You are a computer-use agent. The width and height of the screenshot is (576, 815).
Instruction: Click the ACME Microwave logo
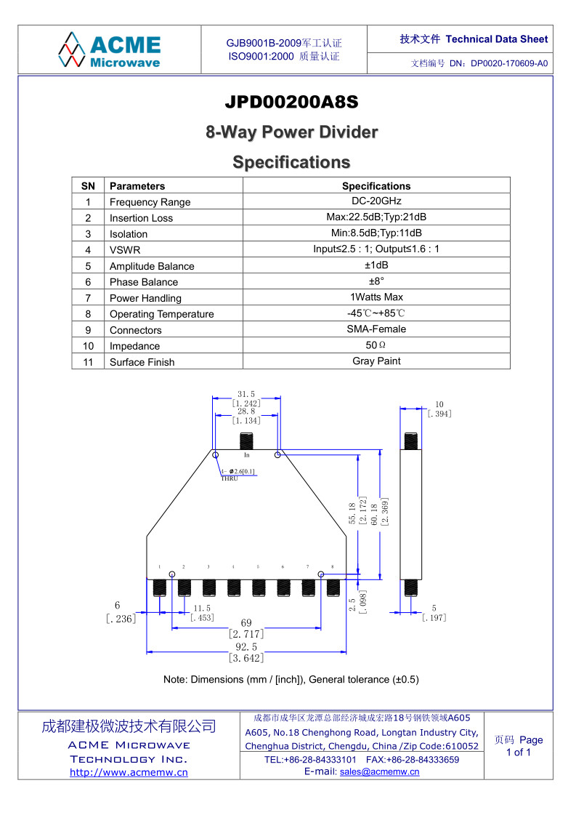(109, 50)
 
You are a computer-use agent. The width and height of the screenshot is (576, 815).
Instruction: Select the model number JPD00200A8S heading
(291, 102)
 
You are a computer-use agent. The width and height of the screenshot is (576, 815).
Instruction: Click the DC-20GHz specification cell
(376, 201)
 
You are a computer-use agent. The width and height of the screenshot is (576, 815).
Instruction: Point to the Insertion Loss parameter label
(141, 218)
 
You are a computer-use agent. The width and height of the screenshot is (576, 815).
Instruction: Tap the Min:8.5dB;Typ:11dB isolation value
(376, 233)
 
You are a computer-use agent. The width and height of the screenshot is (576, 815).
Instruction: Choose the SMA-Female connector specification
(376, 329)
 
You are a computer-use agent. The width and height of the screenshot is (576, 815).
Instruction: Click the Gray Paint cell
(376, 361)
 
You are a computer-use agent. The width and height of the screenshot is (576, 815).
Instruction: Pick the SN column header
(88, 186)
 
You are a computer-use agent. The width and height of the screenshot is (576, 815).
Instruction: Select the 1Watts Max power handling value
(376, 297)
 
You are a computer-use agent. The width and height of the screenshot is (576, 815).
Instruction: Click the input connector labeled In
(246, 441)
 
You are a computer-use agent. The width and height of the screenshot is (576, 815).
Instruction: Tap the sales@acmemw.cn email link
(379, 772)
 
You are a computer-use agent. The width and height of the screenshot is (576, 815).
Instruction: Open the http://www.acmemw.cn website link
(129, 772)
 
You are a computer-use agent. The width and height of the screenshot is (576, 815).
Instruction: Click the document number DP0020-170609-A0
(509, 63)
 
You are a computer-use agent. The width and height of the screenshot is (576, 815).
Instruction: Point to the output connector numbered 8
(333, 588)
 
